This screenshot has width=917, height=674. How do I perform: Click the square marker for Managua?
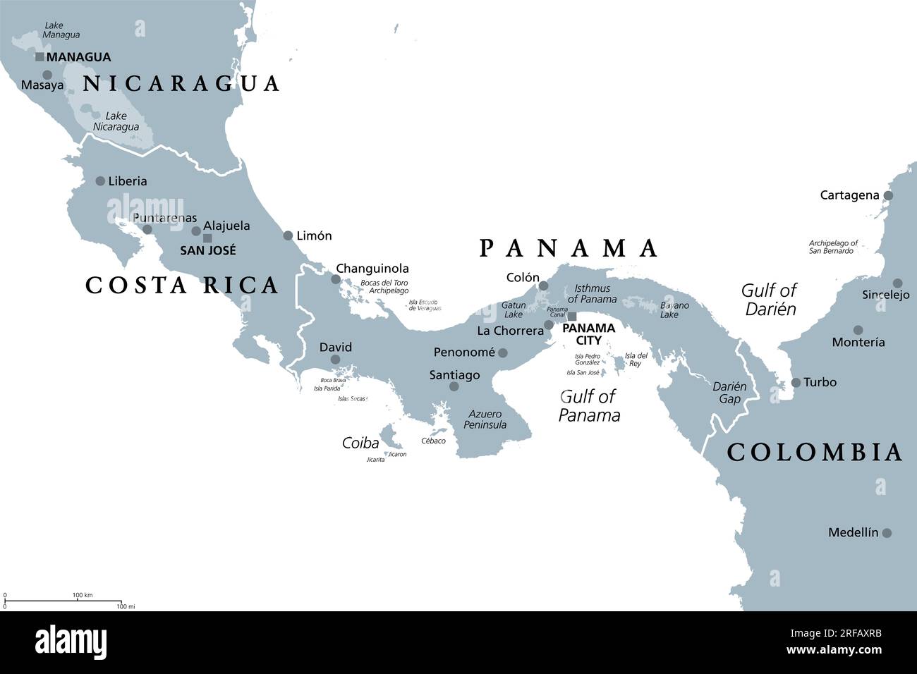(x=40, y=57)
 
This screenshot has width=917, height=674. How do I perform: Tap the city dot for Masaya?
(x=47, y=75)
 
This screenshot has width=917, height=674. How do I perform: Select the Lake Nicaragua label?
(x=116, y=121)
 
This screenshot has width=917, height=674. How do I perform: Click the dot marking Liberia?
(x=100, y=181)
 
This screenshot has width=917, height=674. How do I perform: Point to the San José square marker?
(x=207, y=238)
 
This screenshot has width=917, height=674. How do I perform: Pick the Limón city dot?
(x=288, y=235)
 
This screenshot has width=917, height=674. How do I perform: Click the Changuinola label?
(x=372, y=269)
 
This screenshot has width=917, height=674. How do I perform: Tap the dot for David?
(x=335, y=360)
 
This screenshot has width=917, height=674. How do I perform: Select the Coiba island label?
(x=360, y=443)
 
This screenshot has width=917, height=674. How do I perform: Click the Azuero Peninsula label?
(x=485, y=419)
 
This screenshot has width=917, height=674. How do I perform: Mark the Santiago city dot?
(x=454, y=386)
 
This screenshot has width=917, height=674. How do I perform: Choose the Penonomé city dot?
(x=502, y=353)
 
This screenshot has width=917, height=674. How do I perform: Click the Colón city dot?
(x=543, y=286)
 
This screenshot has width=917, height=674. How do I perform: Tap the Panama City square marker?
(x=572, y=317)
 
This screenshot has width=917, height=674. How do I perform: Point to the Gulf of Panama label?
(x=589, y=406)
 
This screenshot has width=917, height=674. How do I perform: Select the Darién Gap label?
(x=729, y=393)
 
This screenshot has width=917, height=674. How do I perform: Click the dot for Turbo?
(x=796, y=383)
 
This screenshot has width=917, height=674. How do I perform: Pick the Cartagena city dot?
(x=888, y=196)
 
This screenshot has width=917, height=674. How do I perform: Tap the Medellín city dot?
(x=887, y=533)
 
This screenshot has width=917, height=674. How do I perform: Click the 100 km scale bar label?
(x=83, y=595)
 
